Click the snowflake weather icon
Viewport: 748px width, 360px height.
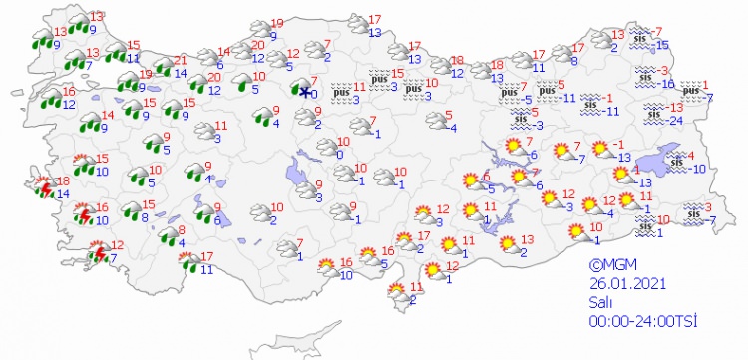pyautogui.click(x=305, y=91)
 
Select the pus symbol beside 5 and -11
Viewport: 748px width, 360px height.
pyautogui.click(x=547, y=92)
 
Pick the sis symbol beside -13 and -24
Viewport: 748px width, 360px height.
pyautogui.click(x=652, y=114)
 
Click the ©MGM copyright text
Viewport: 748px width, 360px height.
pyautogui.click(x=610, y=265)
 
